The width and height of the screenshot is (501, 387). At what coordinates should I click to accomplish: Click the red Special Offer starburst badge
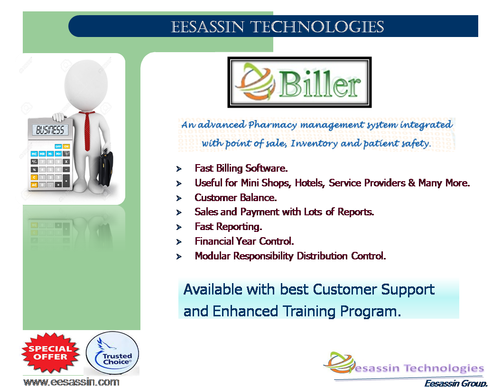point(50,352)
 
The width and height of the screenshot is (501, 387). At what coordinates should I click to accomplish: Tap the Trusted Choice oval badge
point(112,353)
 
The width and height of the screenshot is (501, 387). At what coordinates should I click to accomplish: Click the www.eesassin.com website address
point(71,382)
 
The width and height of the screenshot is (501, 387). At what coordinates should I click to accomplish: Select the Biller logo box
point(299,83)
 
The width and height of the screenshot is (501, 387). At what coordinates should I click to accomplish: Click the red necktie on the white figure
point(87,130)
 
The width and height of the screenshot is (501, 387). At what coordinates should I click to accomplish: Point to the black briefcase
point(106,169)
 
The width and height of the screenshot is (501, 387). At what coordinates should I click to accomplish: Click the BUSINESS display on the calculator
point(50,130)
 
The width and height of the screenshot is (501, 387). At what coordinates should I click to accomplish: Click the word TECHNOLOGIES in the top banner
point(317,27)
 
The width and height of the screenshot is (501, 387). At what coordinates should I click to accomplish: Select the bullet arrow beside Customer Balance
point(179,198)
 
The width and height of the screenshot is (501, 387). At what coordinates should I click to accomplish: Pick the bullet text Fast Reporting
point(228,227)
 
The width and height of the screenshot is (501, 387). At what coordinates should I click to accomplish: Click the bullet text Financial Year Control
point(244,241)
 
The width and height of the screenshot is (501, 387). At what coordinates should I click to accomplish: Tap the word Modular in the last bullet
point(213,256)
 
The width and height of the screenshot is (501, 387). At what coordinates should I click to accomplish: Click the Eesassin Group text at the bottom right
point(456,383)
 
